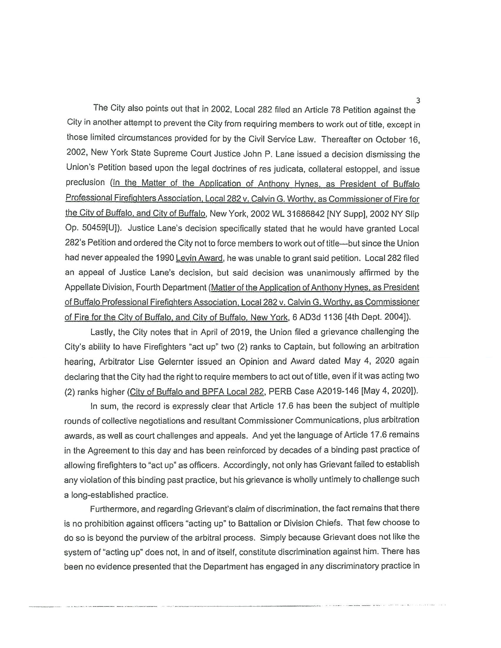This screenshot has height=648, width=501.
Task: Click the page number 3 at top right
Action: [x=418, y=100]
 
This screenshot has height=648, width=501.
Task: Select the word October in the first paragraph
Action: [x=390, y=140]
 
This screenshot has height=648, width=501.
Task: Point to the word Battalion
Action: [x=258, y=524]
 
